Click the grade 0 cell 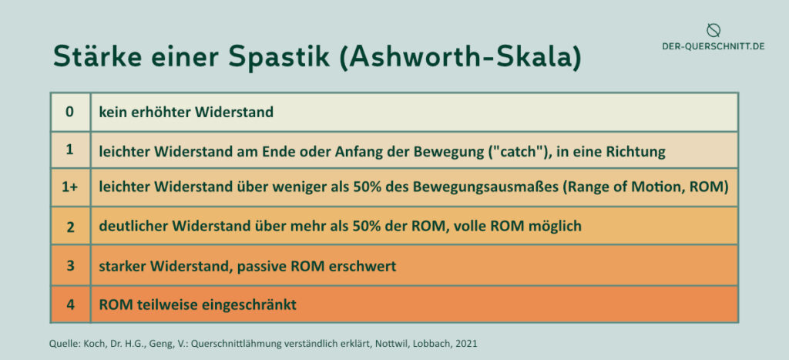(x=70, y=112)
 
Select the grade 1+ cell (x=70, y=187)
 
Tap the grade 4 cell (x=70, y=304)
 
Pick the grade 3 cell (x=70, y=265)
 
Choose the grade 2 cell (x=70, y=226)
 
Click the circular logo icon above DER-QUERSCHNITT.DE (x=713, y=30)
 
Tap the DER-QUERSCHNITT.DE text (x=713, y=46)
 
